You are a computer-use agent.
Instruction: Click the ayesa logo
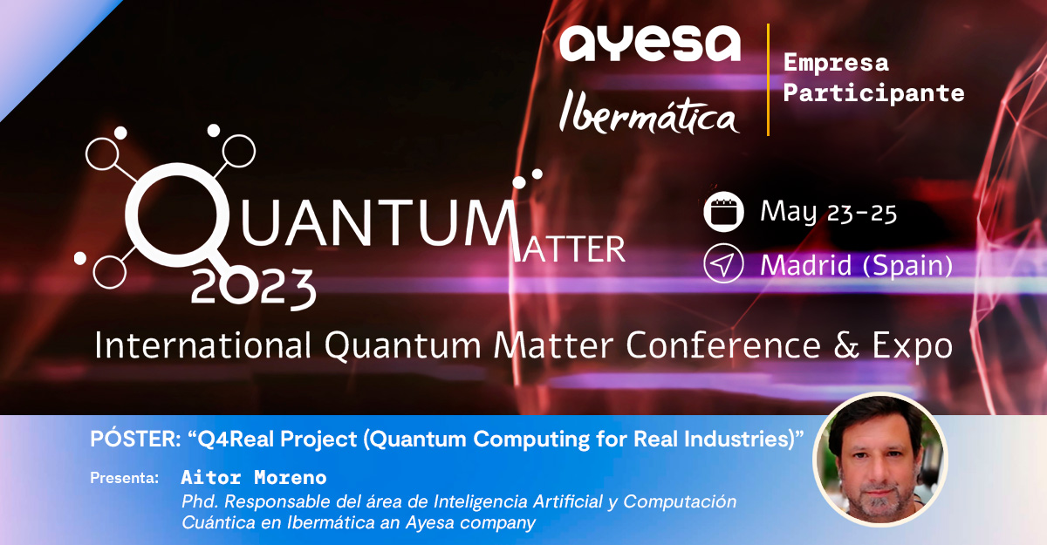coord(650,44)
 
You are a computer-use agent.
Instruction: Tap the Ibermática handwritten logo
coord(649,112)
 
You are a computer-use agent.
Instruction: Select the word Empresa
coord(836,63)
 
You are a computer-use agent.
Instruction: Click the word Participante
coord(873,92)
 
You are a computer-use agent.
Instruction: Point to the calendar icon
coord(723,212)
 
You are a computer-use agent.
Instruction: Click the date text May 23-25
coord(828,213)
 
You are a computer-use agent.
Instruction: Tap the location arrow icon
coord(723,263)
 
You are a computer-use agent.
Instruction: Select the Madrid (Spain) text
coord(856,265)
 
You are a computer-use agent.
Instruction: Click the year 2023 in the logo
coord(253,289)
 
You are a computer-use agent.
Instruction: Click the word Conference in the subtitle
coord(723,345)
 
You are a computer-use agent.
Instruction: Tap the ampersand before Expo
coord(846,345)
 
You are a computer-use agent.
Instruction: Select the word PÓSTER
coord(135,439)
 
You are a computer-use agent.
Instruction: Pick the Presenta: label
coord(124,478)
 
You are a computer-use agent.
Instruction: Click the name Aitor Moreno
coord(254,477)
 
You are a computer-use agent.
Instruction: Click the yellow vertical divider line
coord(768,79)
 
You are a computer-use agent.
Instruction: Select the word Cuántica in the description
coord(218,522)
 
